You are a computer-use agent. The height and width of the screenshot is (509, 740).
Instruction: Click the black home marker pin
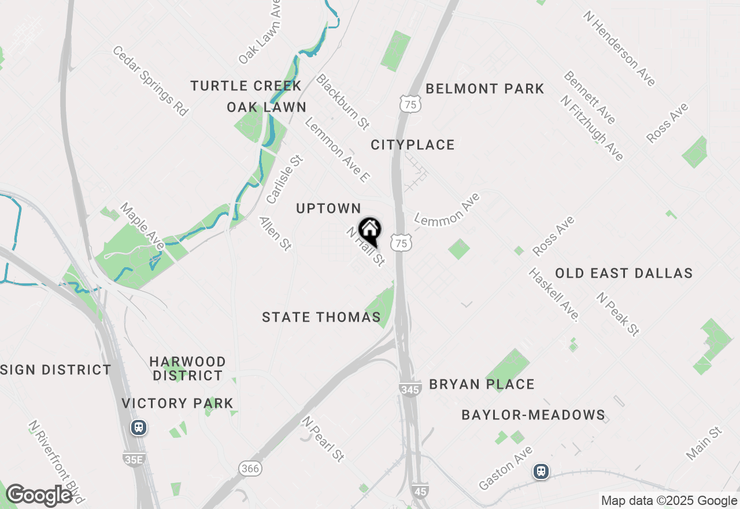pos(369,231)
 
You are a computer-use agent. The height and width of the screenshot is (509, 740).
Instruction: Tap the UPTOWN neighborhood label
pos(328,209)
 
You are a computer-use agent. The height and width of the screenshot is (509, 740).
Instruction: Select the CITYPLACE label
pos(413,145)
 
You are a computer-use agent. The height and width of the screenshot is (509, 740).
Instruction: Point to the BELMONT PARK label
pos(485,89)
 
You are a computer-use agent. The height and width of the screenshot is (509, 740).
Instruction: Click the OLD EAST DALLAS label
pos(624,274)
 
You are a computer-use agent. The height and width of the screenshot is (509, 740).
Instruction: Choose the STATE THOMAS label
pos(321,318)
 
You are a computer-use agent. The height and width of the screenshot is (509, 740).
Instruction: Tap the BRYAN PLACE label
pos(482,385)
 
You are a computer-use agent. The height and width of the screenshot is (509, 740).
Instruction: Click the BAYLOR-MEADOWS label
pos(533,415)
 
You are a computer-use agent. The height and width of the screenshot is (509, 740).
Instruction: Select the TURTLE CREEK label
pos(246,86)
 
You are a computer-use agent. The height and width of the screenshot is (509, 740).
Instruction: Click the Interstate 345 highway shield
pos(409,390)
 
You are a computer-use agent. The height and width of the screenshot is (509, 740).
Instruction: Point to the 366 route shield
pos(250,468)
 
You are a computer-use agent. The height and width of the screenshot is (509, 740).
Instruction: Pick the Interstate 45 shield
pos(421,489)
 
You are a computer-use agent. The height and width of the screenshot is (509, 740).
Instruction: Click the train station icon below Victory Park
pos(138,427)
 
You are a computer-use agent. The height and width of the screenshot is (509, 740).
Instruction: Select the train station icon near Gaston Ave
pos(541,471)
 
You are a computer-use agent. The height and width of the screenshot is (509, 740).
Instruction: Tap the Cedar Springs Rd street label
pos(150,81)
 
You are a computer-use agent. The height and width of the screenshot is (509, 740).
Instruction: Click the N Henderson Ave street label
pos(619,49)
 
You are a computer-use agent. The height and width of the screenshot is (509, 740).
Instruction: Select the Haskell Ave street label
pos(554,294)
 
